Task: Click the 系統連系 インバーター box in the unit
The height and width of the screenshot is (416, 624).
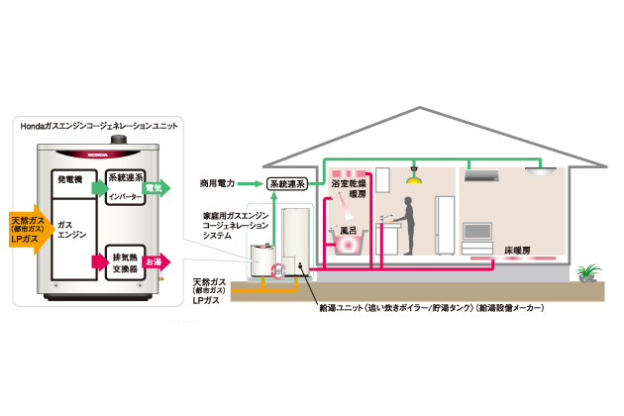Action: (x=126, y=190)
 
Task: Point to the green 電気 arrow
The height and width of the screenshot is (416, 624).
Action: (x=157, y=185)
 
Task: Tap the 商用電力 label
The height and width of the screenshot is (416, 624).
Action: (x=218, y=183)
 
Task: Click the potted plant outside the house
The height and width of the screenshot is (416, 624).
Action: (x=588, y=271)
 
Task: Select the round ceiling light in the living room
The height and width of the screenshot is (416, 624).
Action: (x=542, y=171)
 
